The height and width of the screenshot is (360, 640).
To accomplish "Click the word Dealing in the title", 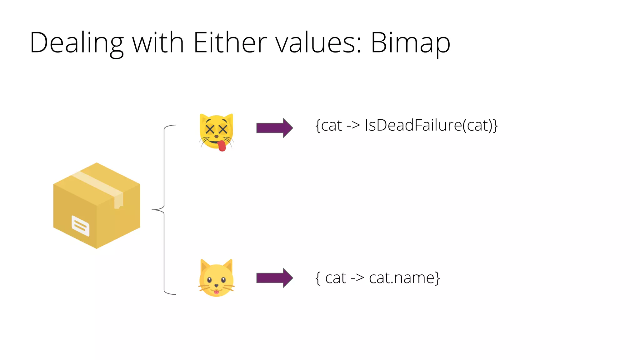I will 77,43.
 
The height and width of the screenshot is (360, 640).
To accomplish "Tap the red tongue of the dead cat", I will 222,146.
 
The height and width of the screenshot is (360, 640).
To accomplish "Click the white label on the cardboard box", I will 81,226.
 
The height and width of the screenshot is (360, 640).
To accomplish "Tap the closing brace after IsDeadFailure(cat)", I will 495,126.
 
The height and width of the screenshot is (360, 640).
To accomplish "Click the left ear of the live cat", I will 204,265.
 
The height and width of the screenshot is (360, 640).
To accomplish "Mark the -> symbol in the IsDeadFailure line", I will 353,125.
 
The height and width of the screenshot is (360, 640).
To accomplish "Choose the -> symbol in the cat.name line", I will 357,278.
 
